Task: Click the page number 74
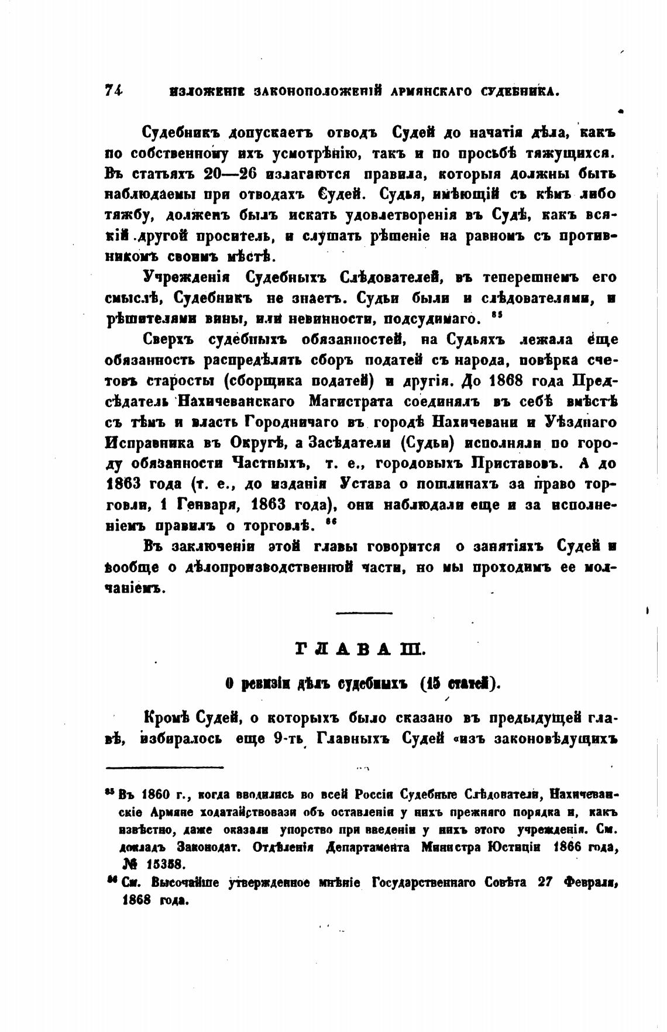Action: point(114,90)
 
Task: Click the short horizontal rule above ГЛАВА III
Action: point(363,613)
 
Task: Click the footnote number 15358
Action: point(163,864)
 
